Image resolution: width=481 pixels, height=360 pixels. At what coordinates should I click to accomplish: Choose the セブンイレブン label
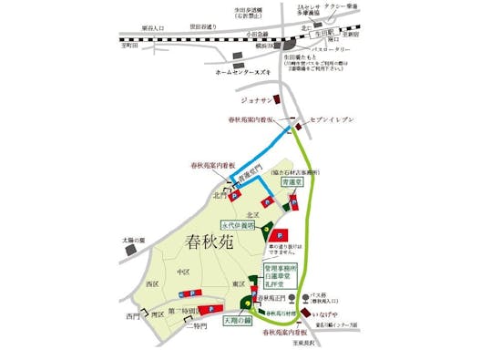[337, 121]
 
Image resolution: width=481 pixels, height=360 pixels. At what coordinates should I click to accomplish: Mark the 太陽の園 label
[134, 241]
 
